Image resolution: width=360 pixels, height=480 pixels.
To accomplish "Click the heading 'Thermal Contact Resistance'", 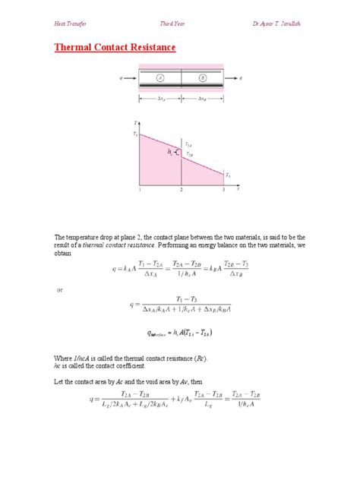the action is (115, 48).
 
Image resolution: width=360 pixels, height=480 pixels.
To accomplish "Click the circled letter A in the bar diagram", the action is (160, 77).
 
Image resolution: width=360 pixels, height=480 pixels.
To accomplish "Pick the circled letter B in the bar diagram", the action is (202, 77).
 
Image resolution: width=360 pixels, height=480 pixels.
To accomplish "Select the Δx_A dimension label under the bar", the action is (159, 99).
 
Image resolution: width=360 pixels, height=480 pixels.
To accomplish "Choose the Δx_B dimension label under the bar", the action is (203, 99).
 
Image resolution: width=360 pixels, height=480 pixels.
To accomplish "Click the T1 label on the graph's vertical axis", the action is (135, 134).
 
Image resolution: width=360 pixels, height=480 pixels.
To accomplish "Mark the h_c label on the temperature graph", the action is (171, 152).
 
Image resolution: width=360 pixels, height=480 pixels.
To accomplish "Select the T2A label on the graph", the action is (190, 144).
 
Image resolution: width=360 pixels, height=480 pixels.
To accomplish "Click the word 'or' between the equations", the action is (62, 290).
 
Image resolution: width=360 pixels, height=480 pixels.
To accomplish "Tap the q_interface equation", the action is (179, 333).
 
